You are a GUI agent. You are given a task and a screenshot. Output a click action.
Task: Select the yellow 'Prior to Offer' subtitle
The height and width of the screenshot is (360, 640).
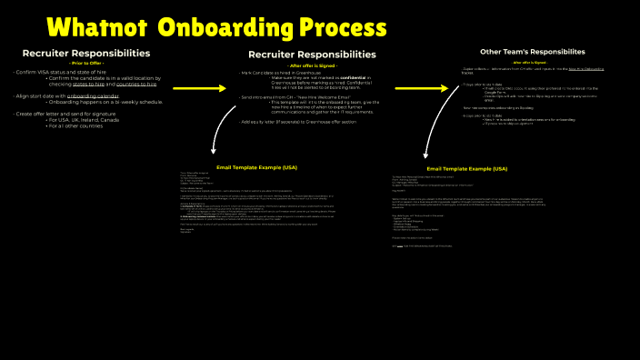tap(86, 63)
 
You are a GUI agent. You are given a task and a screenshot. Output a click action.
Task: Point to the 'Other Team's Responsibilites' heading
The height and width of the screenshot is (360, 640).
tap(532, 52)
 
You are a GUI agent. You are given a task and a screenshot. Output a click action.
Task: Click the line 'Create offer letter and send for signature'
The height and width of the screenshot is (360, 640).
tap(72, 114)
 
